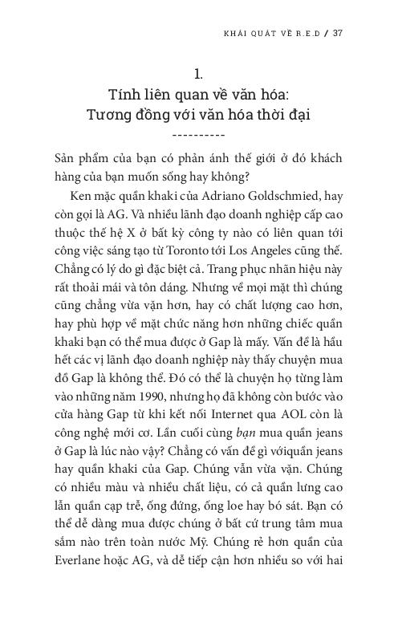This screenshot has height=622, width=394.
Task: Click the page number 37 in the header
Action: (x=338, y=34)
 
